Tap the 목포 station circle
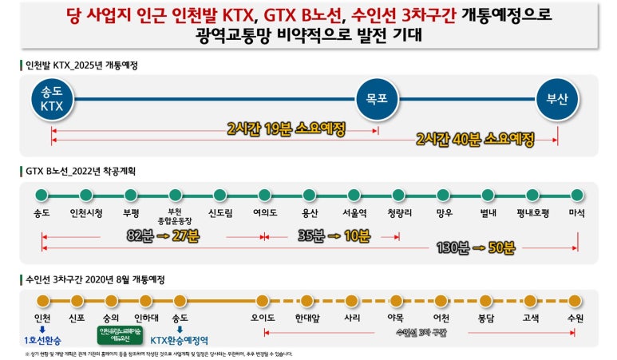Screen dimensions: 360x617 (x=377, y=100)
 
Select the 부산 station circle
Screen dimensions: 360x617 (x=556, y=100)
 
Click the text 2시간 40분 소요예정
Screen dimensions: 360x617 (x=475, y=139)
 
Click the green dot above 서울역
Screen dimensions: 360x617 (x=354, y=194)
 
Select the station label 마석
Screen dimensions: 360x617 (x=577, y=213)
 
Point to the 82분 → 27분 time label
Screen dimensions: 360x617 (x=163, y=235)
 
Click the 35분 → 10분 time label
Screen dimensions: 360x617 (x=334, y=235)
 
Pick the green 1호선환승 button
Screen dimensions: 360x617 (x=43, y=339)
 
